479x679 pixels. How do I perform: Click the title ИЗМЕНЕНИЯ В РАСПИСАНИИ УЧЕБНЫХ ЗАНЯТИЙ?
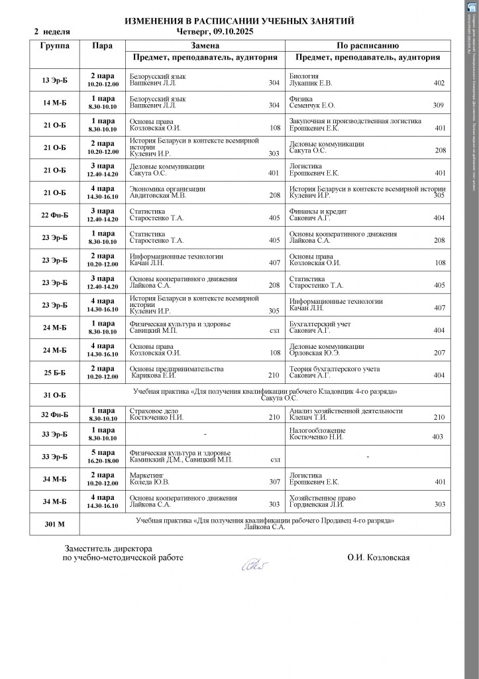(x=239, y=22)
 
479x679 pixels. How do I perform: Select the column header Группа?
(x=54, y=46)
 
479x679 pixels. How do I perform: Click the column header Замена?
(x=205, y=46)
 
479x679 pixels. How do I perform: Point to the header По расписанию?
(x=367, y=46)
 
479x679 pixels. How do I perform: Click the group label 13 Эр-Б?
(x=54, y=80)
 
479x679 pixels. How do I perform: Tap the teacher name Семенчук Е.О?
(x=312, y=105)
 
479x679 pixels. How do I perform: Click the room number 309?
(x=438, y=105)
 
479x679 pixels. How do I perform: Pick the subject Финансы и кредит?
(x=318, y=211)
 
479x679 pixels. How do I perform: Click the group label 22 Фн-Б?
(x=54, y=215)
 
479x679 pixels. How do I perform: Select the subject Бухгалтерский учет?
(x=320, y=324)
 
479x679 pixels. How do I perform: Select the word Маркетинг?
(x=147, y=475)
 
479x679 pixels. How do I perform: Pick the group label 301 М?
(x=54, y=524)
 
